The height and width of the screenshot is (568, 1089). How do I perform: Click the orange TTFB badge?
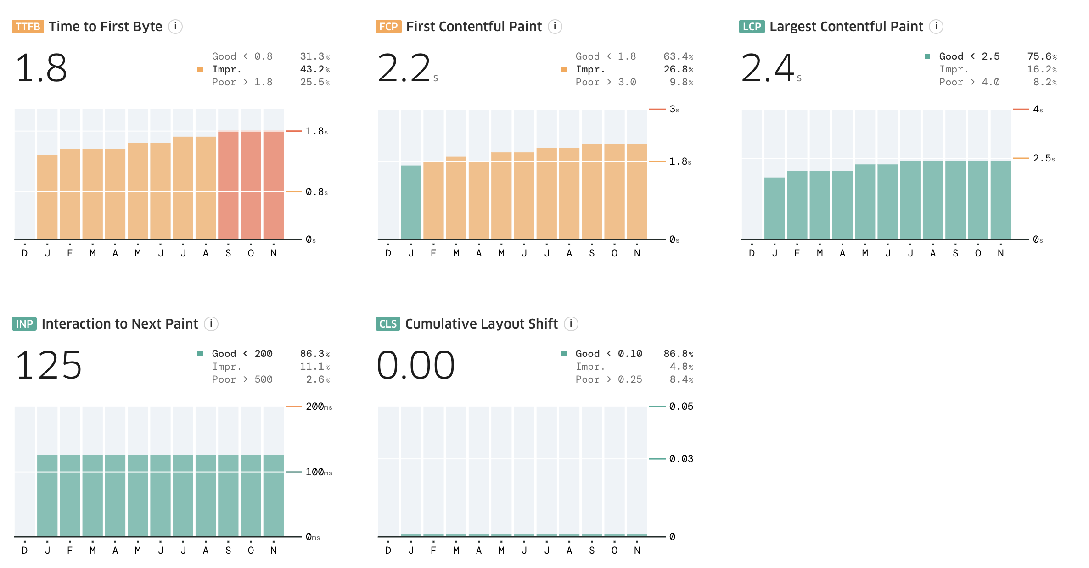28,27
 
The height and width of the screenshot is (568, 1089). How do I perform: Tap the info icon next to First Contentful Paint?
555,27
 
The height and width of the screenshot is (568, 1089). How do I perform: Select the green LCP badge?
752,27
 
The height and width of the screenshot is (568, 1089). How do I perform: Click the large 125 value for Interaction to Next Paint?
49,365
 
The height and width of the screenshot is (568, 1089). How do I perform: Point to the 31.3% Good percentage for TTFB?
314,56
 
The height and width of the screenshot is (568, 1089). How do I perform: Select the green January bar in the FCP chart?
411,202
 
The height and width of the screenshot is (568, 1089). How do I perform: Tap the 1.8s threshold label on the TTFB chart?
316,132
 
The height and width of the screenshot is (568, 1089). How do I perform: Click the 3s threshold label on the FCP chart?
674,109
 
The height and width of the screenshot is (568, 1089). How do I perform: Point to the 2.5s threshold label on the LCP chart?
1044,158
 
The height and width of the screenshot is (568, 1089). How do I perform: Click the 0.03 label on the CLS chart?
681,459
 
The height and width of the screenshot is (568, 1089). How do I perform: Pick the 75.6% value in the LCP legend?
1041,56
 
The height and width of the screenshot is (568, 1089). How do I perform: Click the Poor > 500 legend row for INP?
242,379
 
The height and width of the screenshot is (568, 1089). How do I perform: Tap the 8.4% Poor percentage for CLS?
681,379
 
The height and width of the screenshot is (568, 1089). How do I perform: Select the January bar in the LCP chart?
775,208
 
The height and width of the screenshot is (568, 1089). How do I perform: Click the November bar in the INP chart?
274,496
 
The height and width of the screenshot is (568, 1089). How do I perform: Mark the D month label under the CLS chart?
388,551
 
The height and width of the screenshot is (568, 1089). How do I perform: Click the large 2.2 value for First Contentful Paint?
404,69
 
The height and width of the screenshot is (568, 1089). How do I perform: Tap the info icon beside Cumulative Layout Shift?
571,324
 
